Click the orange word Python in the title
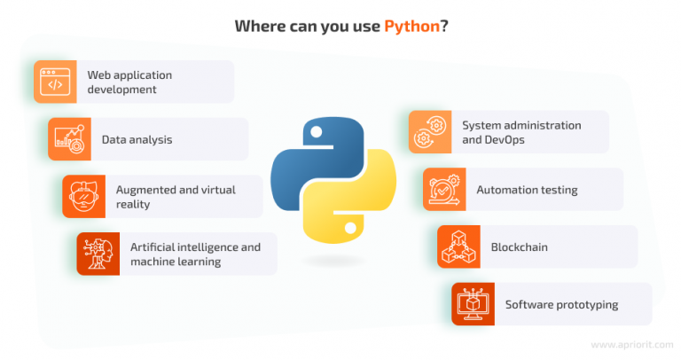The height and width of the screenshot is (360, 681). pos(411,26)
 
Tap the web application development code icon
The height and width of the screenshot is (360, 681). pos(55,82)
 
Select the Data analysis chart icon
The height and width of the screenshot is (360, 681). pos(69,139)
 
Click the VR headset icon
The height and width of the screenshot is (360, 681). pos(84,197)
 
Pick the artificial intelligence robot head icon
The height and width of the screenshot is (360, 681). pos(98,254)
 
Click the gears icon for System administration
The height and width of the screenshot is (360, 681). pos(430,131)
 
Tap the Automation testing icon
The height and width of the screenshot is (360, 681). pos(444,190)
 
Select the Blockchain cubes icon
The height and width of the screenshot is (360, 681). pos(458,247)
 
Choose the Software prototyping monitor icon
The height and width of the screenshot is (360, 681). pos(473,304)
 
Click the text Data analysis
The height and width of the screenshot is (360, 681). pos(137,140)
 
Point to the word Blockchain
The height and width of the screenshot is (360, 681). pos(519,247)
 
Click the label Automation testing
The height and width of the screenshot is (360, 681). pos(527,190)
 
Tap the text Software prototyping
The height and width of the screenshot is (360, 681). pos(561,305)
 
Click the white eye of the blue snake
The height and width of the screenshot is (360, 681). pos(317,131)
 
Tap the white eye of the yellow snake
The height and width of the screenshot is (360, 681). pos(350,228)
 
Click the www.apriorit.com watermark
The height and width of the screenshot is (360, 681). pos(632,345)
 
